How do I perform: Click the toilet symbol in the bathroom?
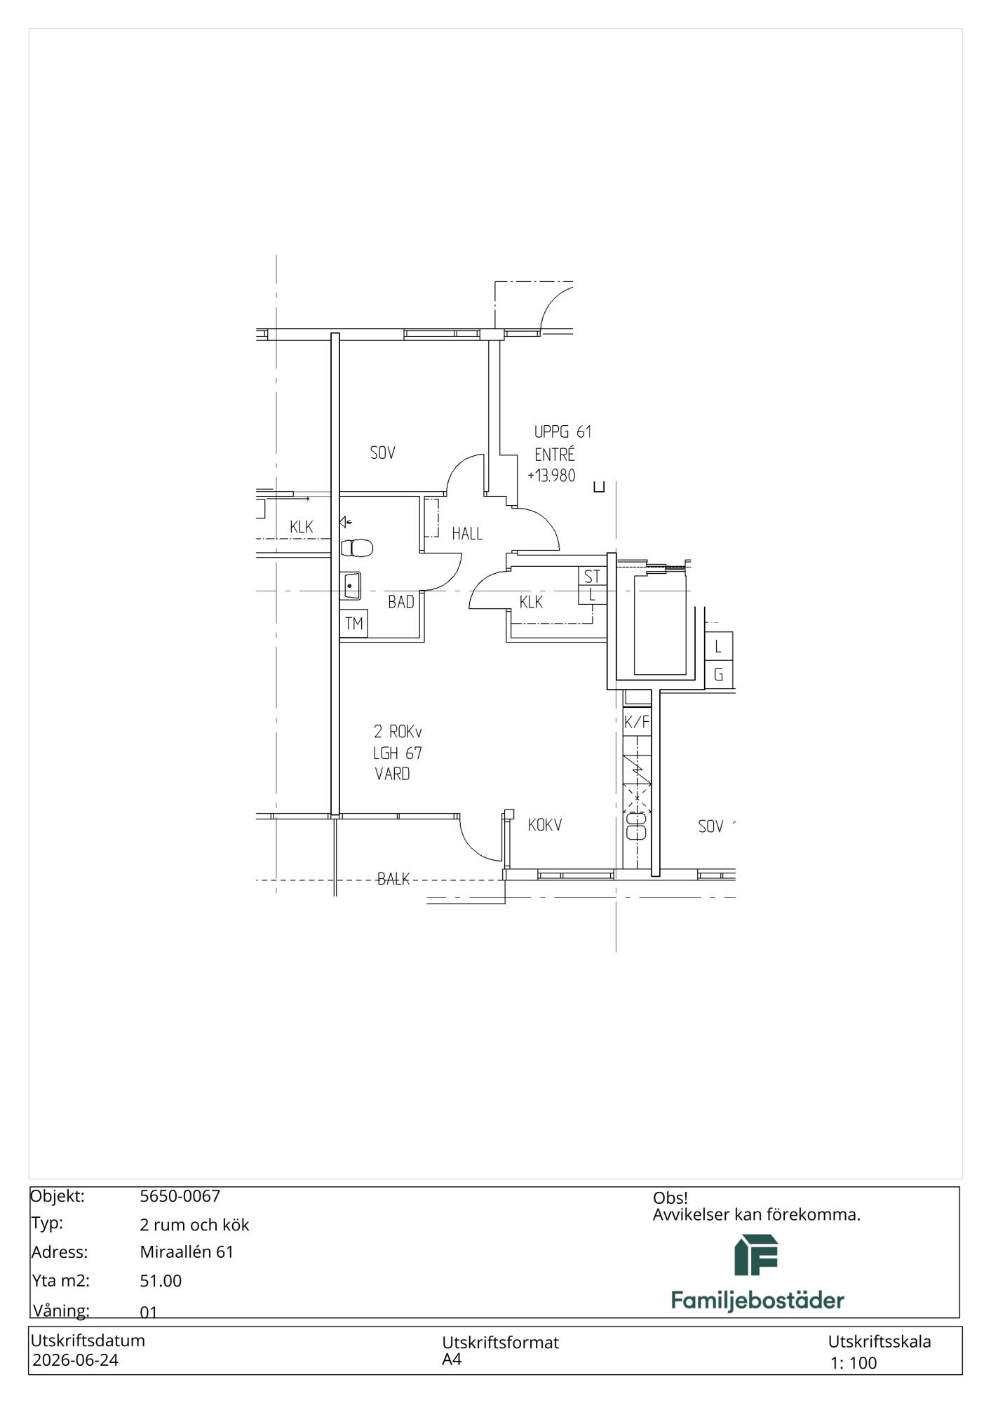point(357,547)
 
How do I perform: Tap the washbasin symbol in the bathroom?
point(351,586)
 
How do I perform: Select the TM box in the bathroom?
point(354,624)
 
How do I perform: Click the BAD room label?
point(401,602)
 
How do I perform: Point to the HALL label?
point(467,534)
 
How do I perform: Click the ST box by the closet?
point(593,576)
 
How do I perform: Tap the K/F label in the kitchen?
point(637,722)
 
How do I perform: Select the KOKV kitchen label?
point(545,825)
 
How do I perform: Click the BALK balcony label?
point(393,879)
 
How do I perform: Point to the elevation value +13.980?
point(551,476)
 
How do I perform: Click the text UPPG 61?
point(563,431)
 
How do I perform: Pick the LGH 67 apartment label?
point(398,753)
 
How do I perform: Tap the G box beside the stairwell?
point(719,675)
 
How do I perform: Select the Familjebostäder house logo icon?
point(756,1255)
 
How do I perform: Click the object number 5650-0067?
point(180,1196)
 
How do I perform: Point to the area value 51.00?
point(161,1281)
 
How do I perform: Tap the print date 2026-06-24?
point(76,1360)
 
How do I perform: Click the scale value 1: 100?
point(854,1363)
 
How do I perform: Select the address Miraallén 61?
point(187,1252)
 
